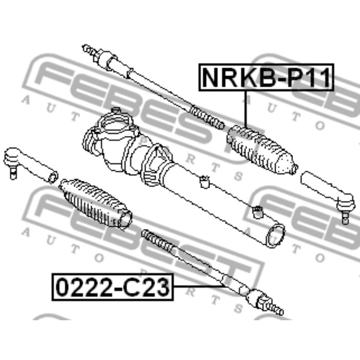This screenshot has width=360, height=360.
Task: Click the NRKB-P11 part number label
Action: pos(266,77)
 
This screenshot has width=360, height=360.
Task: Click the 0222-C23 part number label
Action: pos(113,287)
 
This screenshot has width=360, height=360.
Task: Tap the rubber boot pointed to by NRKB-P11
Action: pos(262,150)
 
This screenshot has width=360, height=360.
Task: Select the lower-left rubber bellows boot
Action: pos(95,204)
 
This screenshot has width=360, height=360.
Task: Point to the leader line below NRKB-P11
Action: pos(246,109)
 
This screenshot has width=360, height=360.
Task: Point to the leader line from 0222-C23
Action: pos(199,286)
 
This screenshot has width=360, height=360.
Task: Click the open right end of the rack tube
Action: pos(275,236)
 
